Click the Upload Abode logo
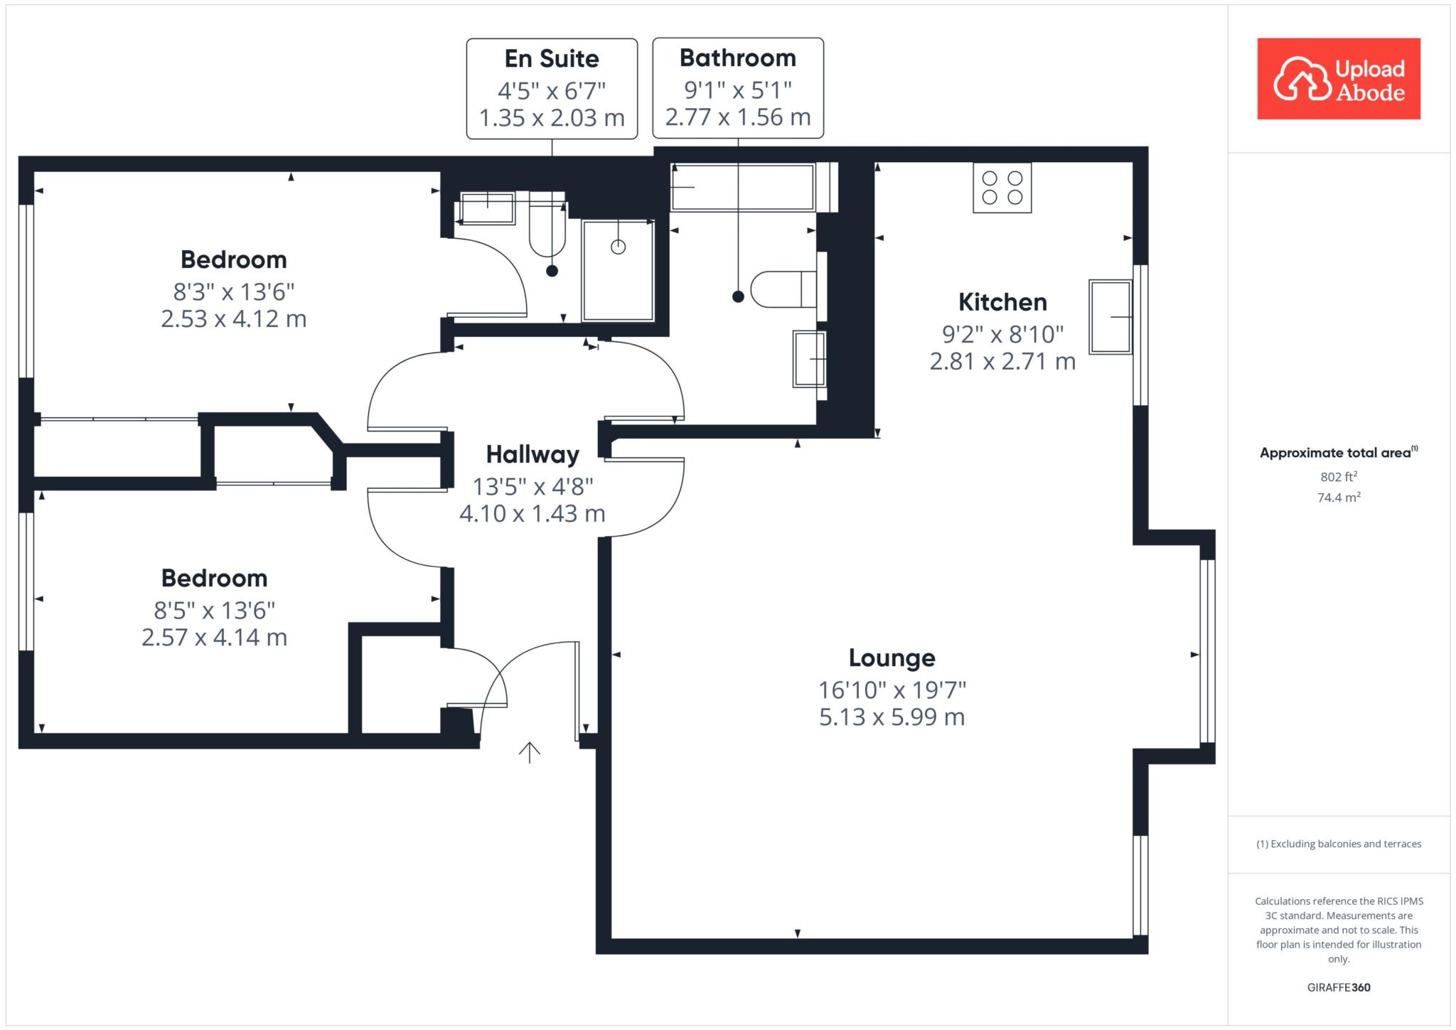pyautogui.click(x=1339, y=79)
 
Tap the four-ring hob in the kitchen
pyautogui.click(x=1002, y=188)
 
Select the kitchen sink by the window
pyautogui.click(x=1110, y=316)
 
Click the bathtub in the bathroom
pyautogui.click(x=743, y=188)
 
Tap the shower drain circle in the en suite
pyautogui.click(x=619, y=247)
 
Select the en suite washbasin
pyautogui.click(x=487, y=208)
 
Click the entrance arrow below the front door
pyautogui.click(x=529, y=752)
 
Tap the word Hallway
pyautogui.click(x=532, y=454)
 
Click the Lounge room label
pyautogui.click(x=892, y=658)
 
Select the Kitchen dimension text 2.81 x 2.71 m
pyautogui.click(x=1002, y=362)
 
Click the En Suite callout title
pyautogui.click(x=552, y=58)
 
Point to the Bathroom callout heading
pyautogui.click(x=738, y=58)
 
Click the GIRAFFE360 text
pyautogui.click(x=1339, y=987)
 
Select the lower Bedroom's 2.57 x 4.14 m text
pyautogui.click(x=214, y=638)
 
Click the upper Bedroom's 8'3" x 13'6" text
pyautogui.click(x=234, y=291)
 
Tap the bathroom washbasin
pyautogui.click(x=809, y=360)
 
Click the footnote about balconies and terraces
pyautogui.click(x=1339, y=844)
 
